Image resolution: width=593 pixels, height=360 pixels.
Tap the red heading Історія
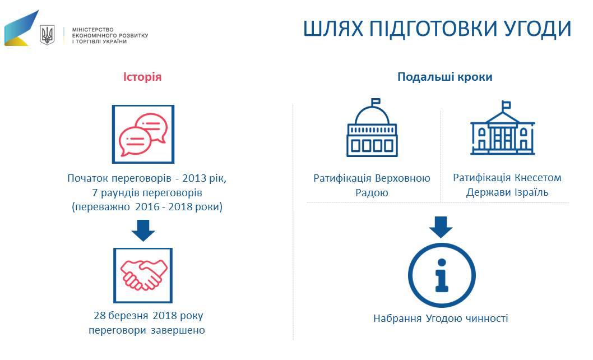142,77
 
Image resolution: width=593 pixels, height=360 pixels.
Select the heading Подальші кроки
445,77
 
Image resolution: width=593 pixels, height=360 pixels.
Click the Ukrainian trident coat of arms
47,35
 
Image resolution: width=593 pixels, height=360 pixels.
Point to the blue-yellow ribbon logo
21,29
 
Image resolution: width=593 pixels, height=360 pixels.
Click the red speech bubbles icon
143,135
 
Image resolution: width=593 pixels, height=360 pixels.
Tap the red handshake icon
143,275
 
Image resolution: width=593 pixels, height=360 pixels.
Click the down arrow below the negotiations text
143,230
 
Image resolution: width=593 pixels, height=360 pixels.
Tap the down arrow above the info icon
441,227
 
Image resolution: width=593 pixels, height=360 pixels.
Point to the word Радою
372,193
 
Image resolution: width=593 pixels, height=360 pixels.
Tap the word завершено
178,330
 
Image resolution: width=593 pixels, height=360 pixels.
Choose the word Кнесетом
538,178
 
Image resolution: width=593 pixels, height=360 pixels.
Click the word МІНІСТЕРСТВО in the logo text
92,30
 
